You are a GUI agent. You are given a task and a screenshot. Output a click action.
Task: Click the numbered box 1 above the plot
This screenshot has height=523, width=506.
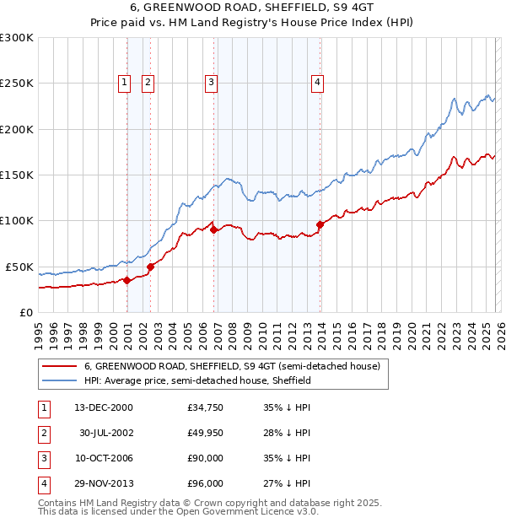tap(124, 82)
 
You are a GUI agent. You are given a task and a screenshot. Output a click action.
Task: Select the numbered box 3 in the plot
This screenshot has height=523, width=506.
tap(210, 82)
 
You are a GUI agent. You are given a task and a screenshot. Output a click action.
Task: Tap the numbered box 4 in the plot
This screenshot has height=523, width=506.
tap(317, 82)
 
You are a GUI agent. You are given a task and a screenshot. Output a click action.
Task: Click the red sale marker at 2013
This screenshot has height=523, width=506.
tap(320, 224)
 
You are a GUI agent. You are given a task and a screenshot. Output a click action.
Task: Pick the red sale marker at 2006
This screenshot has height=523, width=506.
tap(214, 229)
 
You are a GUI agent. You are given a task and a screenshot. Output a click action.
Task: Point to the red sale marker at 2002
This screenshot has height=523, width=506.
tap(151, 267)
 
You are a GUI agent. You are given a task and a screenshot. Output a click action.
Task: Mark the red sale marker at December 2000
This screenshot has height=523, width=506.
tap(126, 280)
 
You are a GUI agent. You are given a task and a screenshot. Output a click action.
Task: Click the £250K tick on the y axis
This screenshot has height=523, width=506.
tap(17, 84)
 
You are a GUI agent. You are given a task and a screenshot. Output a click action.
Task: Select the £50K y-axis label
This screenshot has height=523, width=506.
tap(19, 267)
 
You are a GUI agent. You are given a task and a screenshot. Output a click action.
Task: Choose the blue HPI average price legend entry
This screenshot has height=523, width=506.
tap(198, 380)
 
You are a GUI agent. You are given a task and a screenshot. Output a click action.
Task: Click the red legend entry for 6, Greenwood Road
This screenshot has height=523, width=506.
tap(232, 366)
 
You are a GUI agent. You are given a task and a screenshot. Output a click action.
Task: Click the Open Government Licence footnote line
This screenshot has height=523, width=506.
tap(178, 511)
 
